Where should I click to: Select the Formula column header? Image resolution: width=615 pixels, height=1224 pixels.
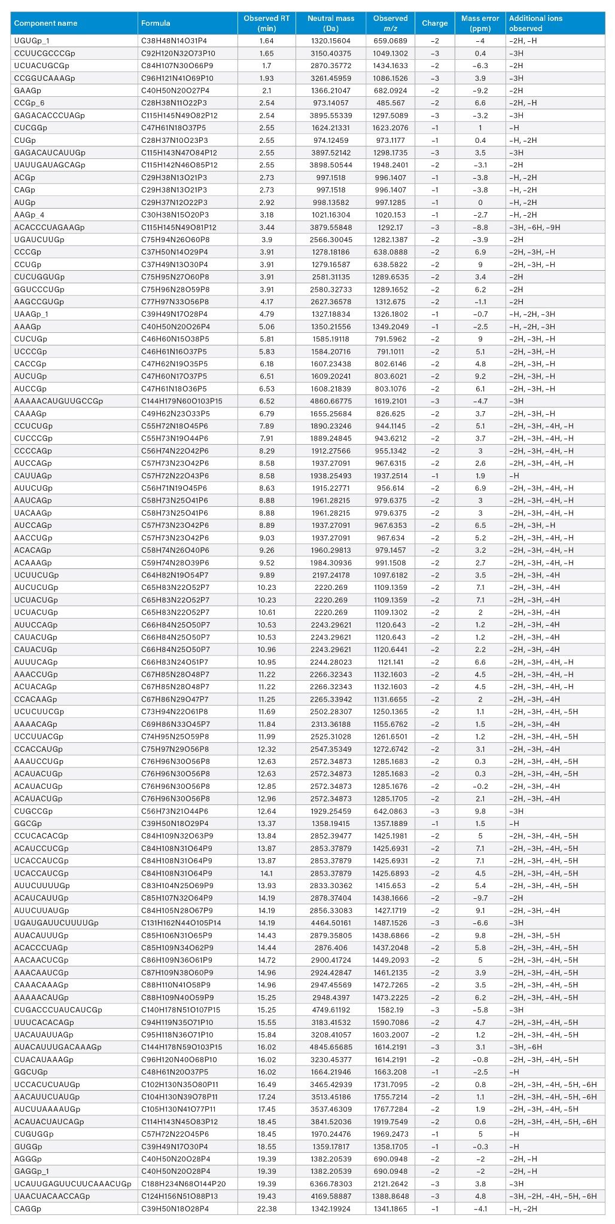156,23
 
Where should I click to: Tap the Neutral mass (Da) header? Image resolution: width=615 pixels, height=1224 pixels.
331,23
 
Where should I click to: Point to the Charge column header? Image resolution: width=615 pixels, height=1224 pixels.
434,23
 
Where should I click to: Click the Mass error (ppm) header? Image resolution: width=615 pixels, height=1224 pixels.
480,23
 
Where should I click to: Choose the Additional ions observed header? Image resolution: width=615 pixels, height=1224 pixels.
535,23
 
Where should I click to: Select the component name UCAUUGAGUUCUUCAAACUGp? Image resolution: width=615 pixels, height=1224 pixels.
72,1184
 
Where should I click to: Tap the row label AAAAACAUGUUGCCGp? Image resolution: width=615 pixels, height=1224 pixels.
59,401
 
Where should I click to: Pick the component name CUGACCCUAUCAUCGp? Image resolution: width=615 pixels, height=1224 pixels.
58,1009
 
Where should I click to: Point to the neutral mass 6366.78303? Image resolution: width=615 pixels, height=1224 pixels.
331,1184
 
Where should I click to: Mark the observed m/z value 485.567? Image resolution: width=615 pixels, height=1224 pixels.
391,103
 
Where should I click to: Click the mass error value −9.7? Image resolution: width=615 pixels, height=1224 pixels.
480,898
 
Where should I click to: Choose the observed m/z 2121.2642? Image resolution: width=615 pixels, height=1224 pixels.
391,1184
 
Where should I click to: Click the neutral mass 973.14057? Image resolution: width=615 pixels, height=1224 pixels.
331,103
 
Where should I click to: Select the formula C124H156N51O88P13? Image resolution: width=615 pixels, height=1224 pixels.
179,1196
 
